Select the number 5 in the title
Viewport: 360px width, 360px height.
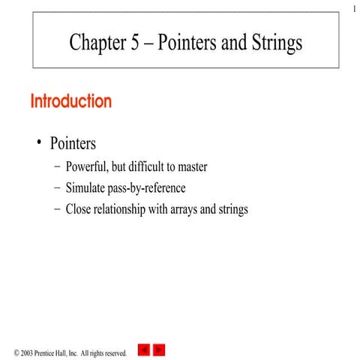click(x=134, y=43)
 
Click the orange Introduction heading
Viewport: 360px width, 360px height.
click(x=71, y=101)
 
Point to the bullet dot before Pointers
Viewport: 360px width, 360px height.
click(x=39, y=142)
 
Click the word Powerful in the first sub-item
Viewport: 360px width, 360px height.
click(x=88, y=166)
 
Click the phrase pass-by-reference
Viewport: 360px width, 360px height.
click(x=149, y=188)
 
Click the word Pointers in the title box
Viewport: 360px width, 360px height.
click(x=190, y=43)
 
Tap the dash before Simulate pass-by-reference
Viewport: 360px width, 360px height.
click(x=58, y=188)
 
